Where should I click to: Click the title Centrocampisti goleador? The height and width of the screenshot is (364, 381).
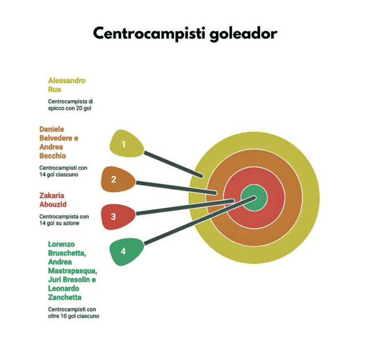(185, 33)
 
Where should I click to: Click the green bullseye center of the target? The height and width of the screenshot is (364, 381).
(254, 198)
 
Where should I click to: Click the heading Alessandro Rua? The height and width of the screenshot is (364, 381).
(66, 85)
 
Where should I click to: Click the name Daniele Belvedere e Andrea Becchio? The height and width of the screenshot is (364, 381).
(58, 142)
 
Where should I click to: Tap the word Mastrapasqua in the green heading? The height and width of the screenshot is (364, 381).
(72, 271)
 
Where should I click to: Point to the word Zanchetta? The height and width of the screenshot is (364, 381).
(64, 297)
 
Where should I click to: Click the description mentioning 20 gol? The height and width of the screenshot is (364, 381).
(70, 105)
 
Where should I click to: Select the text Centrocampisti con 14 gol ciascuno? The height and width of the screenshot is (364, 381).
(63, 171)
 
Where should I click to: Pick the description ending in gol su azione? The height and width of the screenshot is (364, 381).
(63, 220)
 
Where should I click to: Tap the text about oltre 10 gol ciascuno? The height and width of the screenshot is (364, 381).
(73, 313)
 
